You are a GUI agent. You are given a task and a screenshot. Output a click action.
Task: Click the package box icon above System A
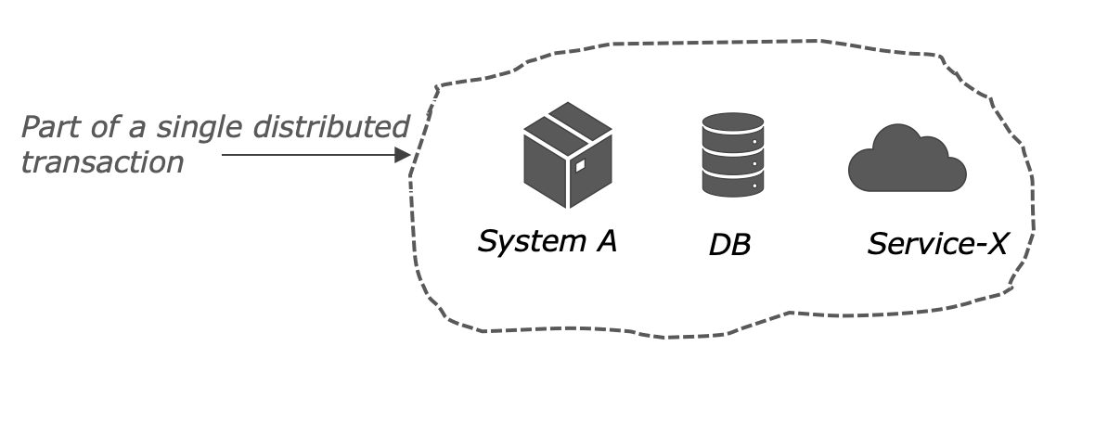[x=567, y=155]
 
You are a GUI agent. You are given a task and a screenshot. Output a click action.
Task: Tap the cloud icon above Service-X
[x=907, y=162]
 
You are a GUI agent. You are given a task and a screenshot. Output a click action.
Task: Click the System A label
[x=547, y=241]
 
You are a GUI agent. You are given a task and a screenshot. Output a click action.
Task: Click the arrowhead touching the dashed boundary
[x=403, y=155]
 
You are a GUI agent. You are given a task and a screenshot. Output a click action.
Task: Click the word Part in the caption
[x=47, y=127]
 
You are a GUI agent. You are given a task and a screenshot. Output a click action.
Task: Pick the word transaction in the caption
[x=102, y=162]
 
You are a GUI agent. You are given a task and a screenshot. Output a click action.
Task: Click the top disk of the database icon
[x=733, y=124]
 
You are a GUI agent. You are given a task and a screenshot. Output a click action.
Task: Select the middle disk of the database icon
[x=733, y=163]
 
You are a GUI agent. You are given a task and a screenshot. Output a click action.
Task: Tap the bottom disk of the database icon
[x=733, y=185]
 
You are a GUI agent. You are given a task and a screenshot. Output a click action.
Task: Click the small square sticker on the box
[x=580, y=166]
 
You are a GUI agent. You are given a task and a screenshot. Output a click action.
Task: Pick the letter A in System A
[x=604, y=241]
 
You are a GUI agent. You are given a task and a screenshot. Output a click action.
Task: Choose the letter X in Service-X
[x=995, y=244]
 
